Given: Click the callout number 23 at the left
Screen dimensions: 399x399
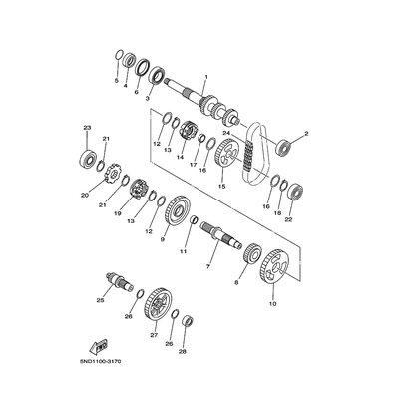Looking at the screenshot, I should click(x=87, y=128).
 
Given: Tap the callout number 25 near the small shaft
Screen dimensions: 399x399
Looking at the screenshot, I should click(x=100, y=298).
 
